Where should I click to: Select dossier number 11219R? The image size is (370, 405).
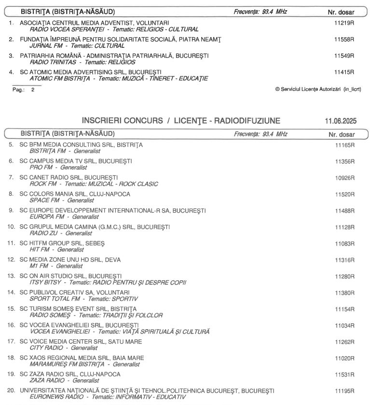coord(344,23)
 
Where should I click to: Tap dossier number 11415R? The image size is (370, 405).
coord(344,72)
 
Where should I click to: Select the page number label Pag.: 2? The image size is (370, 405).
coord(24,90)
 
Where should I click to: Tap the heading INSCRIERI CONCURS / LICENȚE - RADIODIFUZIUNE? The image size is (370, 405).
coord(180,120)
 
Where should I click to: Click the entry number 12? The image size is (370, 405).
coord(11,260)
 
